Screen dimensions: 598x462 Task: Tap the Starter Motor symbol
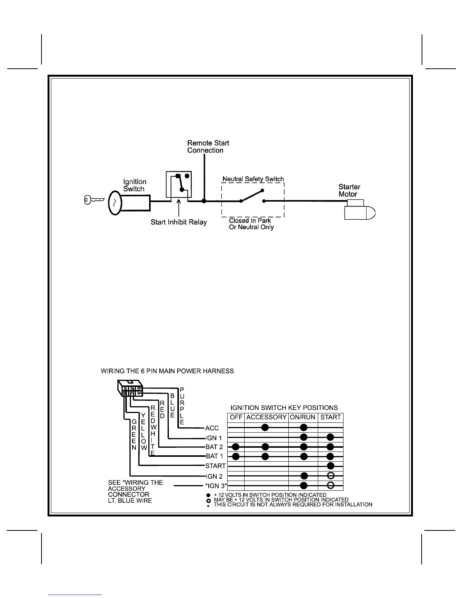click(x=360, y=210)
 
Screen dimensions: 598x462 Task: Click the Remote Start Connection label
click(x=208, y=146)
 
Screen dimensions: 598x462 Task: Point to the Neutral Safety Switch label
click(x=253, y=179)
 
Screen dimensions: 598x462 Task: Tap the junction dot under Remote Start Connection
click(x=204, y=201)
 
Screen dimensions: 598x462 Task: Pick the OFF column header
click(x=236, y=417)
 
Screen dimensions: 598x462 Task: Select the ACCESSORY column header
click(x=266, y=417)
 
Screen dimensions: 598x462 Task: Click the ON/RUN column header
click(x=303, y=417)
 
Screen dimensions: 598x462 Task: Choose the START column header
click(x=330, y=417)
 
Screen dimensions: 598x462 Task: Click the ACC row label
click(x=212, y=428)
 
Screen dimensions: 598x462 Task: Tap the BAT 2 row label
click(x=214, y=447)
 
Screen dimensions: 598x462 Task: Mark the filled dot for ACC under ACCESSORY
click(x=265, y=428)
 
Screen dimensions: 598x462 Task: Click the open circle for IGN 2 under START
click(x=330, y=475)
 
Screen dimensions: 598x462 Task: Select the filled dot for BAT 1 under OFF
click(x=236, y=456)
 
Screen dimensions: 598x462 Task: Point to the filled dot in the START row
click(x=330, y=465)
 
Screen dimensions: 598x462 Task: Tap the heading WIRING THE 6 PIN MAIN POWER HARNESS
click(x=167, y=371)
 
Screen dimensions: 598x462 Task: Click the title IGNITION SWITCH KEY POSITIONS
click(x=284, y=408)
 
